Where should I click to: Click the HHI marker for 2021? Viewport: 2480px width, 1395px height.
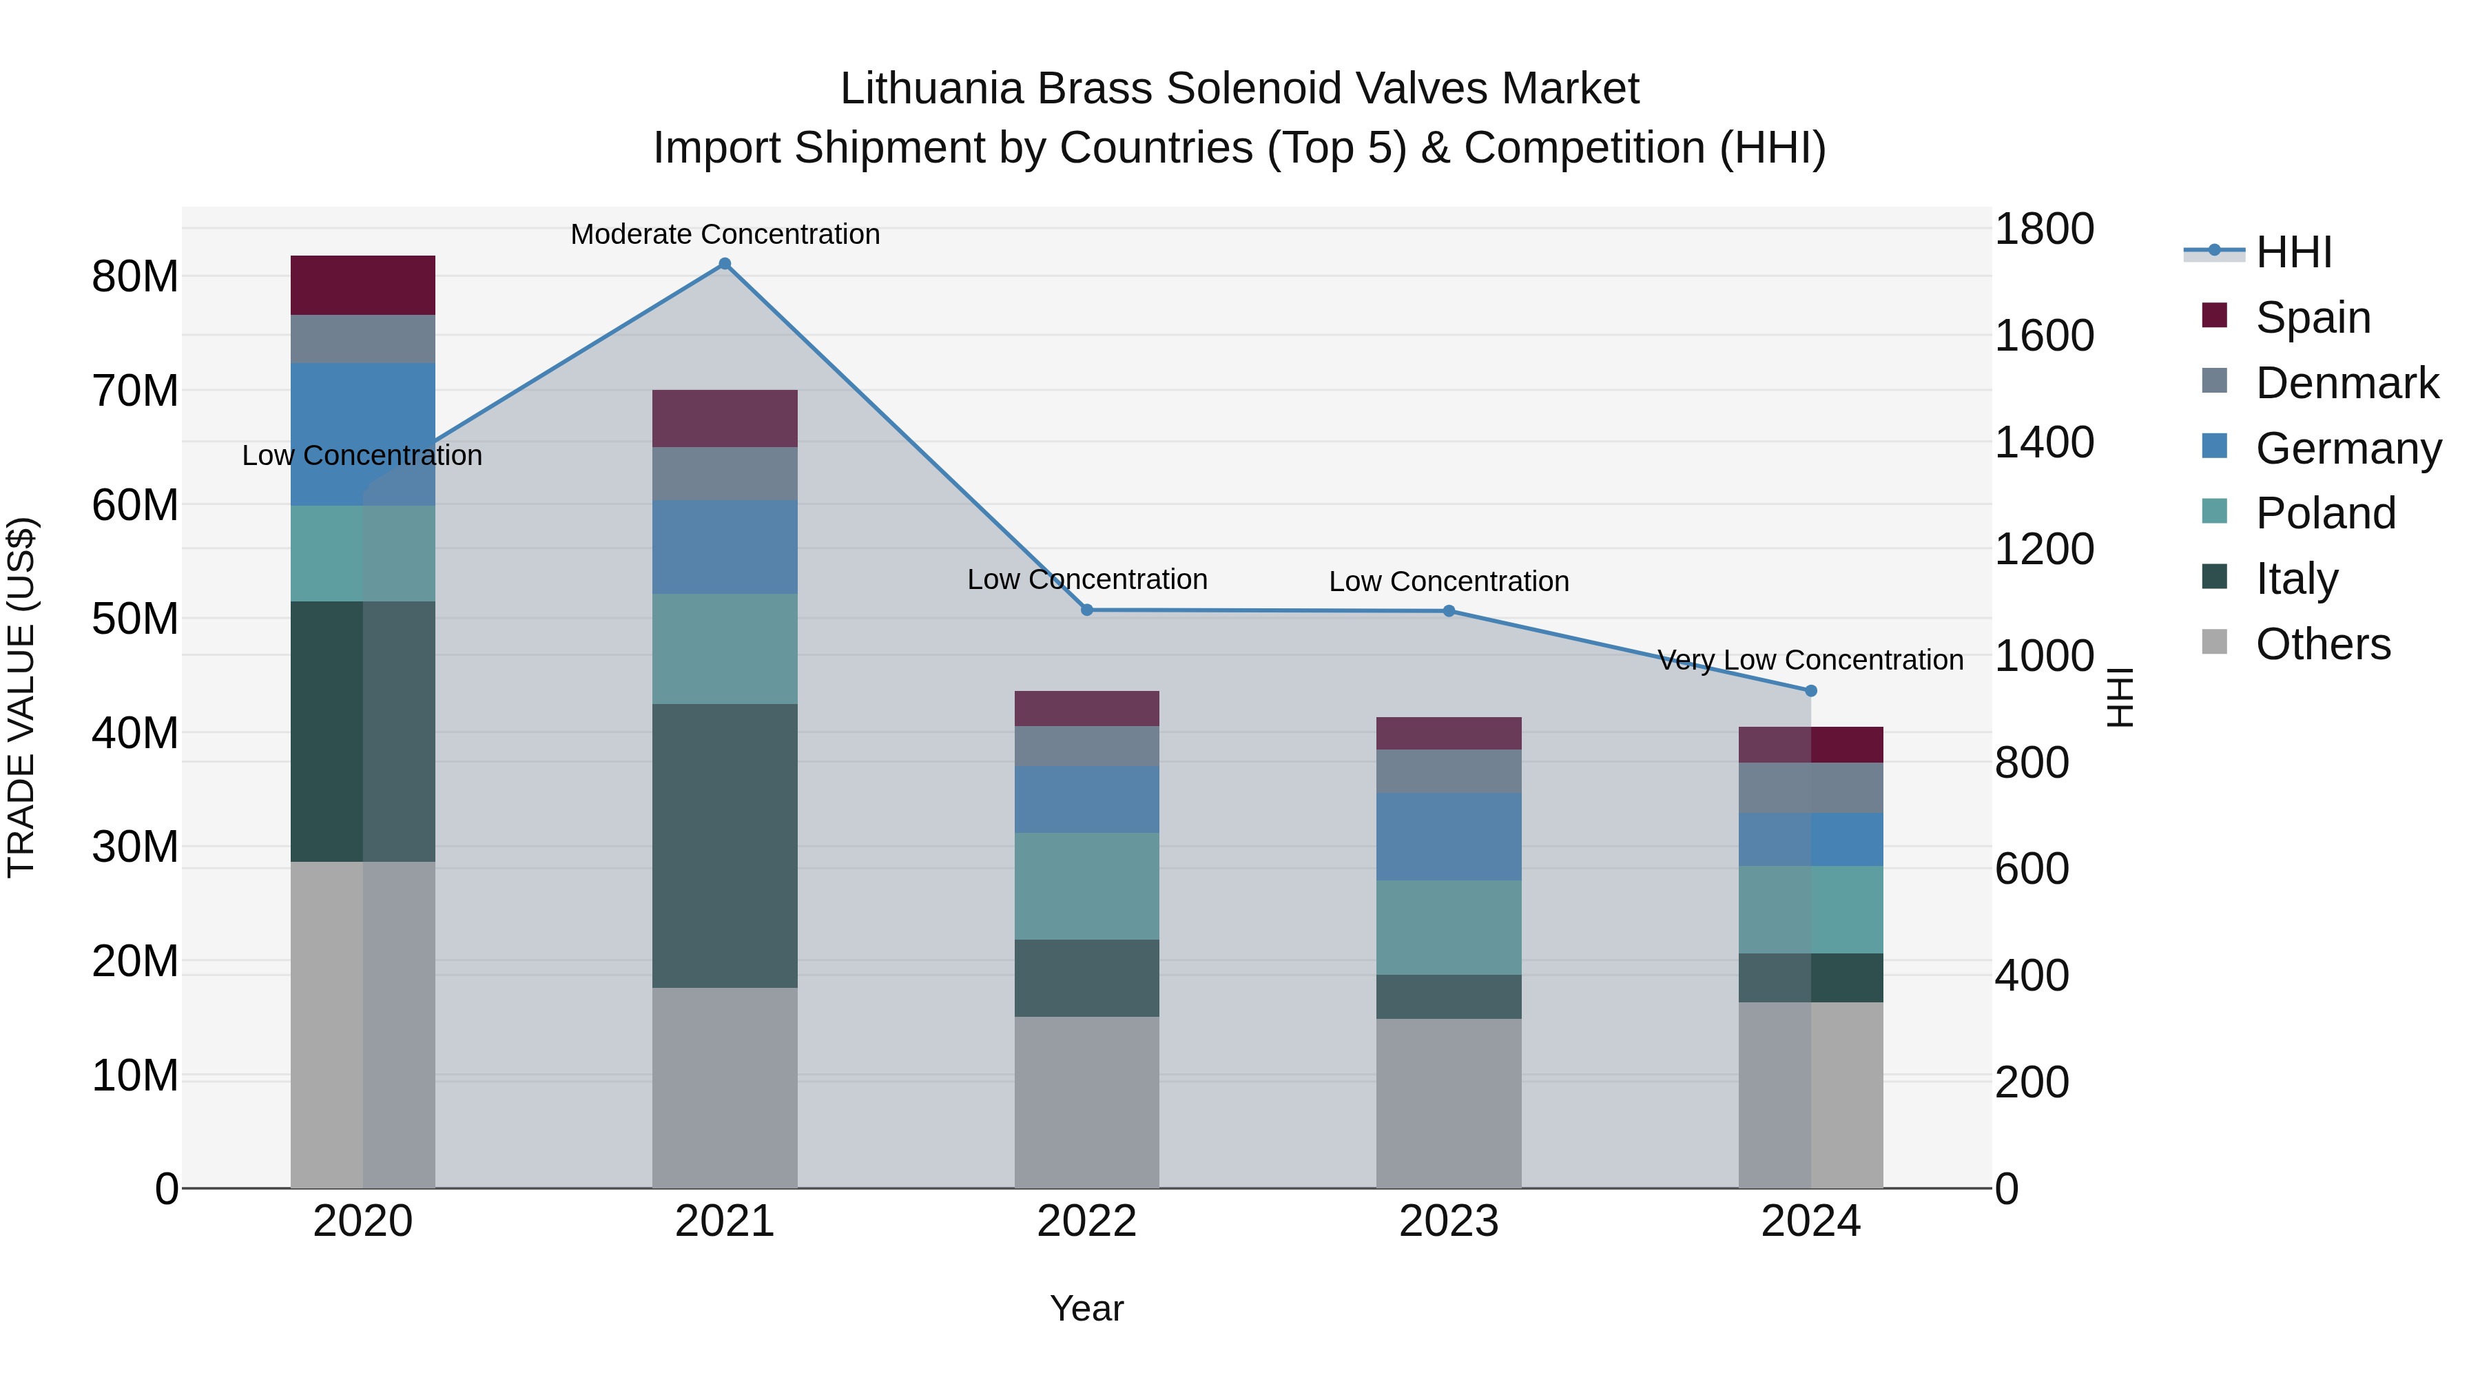(x=725, y=264)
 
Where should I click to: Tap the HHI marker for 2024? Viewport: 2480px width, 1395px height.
(x=1810, y=690)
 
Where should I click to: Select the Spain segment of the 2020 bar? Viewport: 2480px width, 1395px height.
(x=363, y=285)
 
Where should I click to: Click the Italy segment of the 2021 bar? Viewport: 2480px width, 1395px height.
(x=725, y=845)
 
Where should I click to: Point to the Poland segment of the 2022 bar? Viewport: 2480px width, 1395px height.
(x=1087, y=886)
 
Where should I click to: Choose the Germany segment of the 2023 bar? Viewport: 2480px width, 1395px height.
(x=1449, y=836)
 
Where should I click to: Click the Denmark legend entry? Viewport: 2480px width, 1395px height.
(x=2346, y=382)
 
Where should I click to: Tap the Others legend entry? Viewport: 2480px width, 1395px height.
(x=2322, y=643)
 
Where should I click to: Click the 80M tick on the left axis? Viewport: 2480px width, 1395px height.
(x=135, y=276)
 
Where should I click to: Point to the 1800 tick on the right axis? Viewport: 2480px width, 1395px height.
(x=2043, y=229)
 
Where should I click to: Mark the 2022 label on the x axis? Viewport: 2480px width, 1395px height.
(x=1087, y=1221)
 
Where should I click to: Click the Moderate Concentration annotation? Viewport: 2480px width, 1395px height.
(x=725, y=234)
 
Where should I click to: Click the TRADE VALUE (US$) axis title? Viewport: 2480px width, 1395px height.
(x=22, y=697)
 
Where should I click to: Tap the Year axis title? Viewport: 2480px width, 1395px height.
(x=1087, y=1308)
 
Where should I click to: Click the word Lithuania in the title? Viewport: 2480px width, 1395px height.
(x=931, y=89)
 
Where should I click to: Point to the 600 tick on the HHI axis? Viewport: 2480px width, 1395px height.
(x=2032, y=869)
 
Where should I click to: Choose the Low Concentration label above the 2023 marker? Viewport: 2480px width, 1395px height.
(x=1449, y=581)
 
